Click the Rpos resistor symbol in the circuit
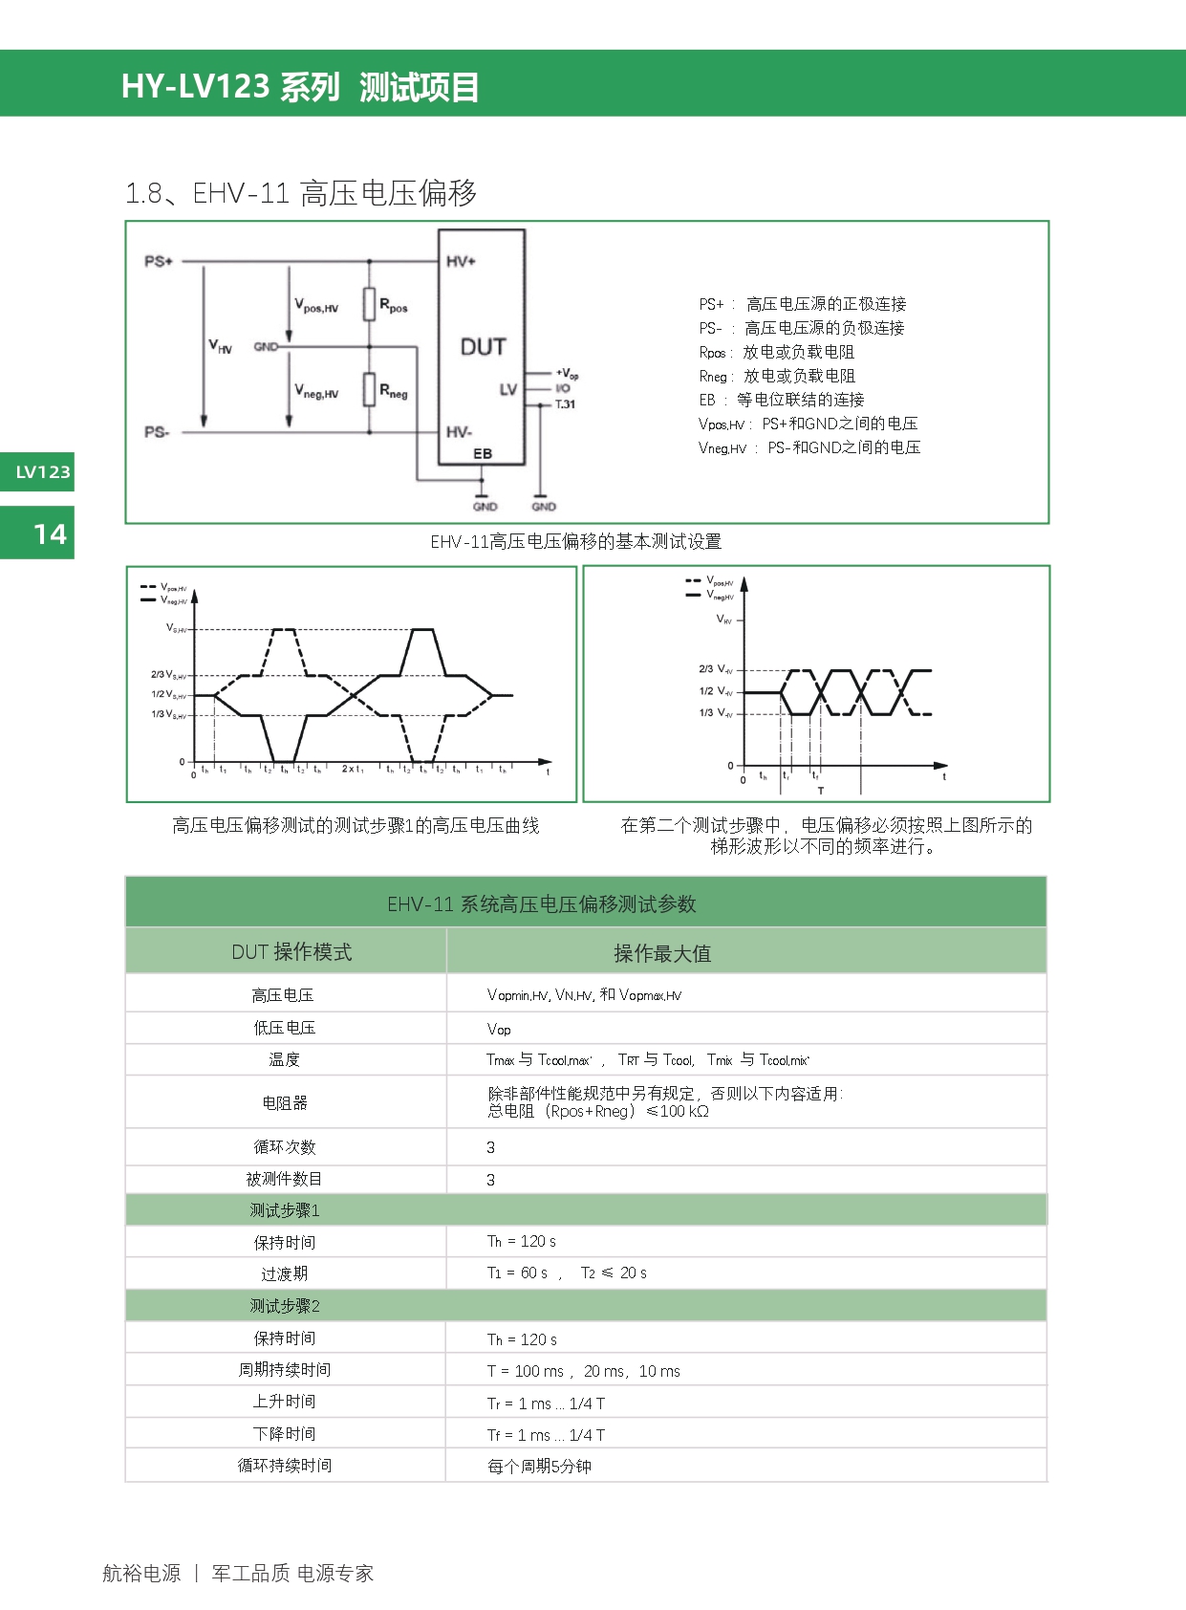pyautogui.click(x=369, y=305)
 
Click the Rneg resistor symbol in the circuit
pyautogui.click(x=369, y=389)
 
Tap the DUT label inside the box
pyautogui.click(x=483, y=347)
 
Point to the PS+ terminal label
pyautogui.click(x=159, y=261)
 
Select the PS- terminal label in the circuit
pyautogui.click(x=157, y=432)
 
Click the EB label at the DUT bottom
pyautogui.click(x=483, y=453)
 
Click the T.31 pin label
pyautogui.click(x=565, y=404)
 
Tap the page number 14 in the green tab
pyautogui.click(x=50, y=533)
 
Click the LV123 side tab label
pyautogui.click(x=43, y=472)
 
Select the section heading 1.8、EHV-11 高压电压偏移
pyautogui.click(x=301, y=193)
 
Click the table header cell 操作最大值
pyautogui.click(x=661, y=952)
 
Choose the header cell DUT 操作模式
pyautogui.click(x=291, y=951)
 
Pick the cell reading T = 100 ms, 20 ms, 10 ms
pyautogui.click(x=583, y=1371)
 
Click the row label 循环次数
pyautogui.click(x=284, y=1146)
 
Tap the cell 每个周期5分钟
pyautogui.click(x=539, y=1466)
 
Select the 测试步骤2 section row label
pyautogui.click(x=285, y=1306)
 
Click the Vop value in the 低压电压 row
pyautogui.click(x=499, y=1029)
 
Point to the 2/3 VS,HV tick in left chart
pyautogui.click(x=168, y=675)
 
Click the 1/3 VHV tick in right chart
pyautogui.click(x=716, y=713)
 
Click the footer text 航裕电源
pyautogui.click(x=141, y=1573)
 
